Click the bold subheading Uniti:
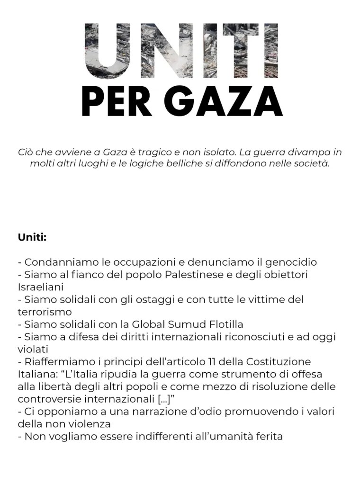point(32,237)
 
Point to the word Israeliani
point(41,287)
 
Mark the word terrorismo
point(45,312)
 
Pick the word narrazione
point(133,412)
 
